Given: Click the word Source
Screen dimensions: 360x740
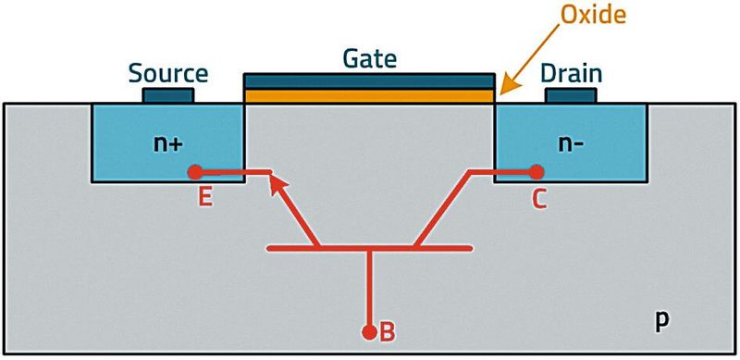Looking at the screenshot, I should pyautogui.click(x=168, y=73).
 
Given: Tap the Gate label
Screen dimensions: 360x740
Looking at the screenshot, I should pyautogui.click(x=369, y=60).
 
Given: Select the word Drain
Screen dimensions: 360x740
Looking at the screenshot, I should pyautogui.click(x=573, y=73).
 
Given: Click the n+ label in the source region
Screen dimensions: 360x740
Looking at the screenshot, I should pyautogui.click(x=167, y=143).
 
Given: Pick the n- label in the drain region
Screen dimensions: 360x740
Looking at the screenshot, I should pyautogui.click(x=571, y=143).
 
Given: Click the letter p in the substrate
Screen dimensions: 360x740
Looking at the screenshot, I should pyautogui.click(x=661, y=319).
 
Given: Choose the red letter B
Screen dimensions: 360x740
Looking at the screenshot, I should pyautogui.click(x=388, y=331).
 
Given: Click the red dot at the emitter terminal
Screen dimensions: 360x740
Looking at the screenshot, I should pyautogui.click(x=195, y=171).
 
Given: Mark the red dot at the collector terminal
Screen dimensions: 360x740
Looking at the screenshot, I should pyautogui.click(x=536, y=171).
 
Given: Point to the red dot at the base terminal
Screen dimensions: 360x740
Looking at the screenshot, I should pyautogui.click(x=369, y=330).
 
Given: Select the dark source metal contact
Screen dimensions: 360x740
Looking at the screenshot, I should pyautogui.click(x=168, y=94).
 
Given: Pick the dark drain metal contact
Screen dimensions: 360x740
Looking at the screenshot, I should pyautogui.click(x=571, y=94).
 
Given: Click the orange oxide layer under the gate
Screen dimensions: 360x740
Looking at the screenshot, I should pyautogui.click(x=369, y=96).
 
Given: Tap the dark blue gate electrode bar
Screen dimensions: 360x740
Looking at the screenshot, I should pyautogui.click(x=369, y=82).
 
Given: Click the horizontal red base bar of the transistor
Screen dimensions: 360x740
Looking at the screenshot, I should pyautogui.click(x=369, y=248).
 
